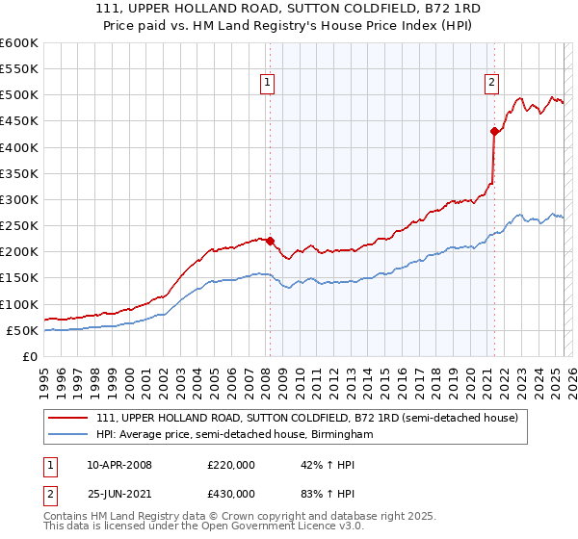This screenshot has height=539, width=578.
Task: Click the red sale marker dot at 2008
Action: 270,242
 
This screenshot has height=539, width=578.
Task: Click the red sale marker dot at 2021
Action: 494,132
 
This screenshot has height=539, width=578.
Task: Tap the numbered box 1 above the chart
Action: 266,83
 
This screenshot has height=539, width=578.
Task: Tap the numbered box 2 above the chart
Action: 491,83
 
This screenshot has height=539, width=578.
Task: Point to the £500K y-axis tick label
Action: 18,95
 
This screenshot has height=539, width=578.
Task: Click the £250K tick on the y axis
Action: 18,226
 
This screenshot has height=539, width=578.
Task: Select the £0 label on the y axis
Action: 30,356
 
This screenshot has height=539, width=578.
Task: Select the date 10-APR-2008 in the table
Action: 118,465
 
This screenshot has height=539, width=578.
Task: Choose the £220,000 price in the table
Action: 231,465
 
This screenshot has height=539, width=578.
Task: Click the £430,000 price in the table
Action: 231,496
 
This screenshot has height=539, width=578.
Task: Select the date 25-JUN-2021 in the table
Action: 118,496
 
